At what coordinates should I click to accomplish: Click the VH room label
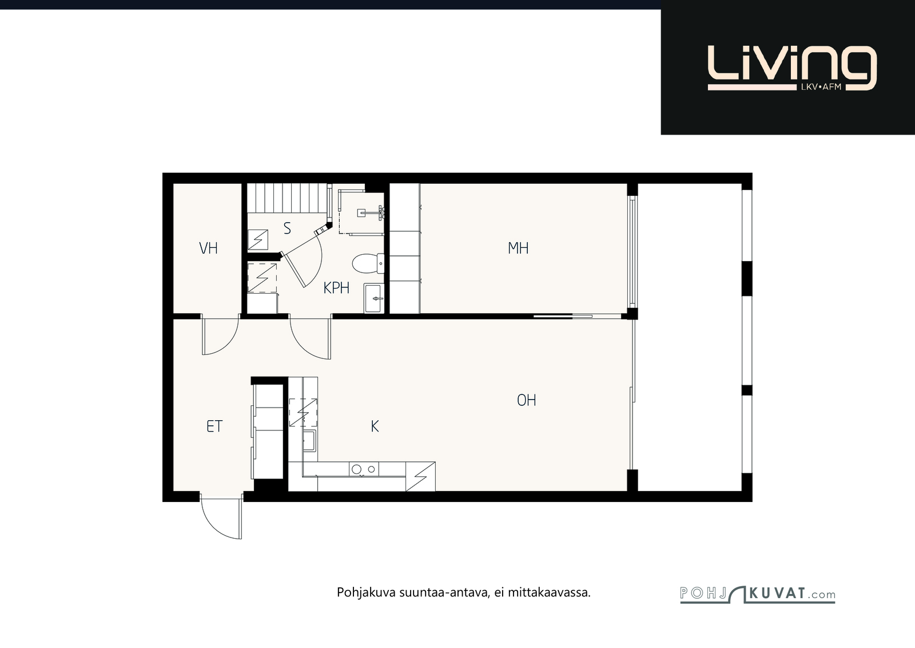coord(208,248)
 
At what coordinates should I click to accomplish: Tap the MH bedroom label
coord(518,248)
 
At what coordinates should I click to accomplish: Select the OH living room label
coord(527,400)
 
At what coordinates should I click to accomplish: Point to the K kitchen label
coord(375,426)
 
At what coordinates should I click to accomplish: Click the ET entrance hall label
coord(214,426)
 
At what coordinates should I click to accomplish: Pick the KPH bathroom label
coord(336,288)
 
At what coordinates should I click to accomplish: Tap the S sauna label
coord(287,228)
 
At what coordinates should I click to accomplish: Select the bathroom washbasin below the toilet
coord(374,299)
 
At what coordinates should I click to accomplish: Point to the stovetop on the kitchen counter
coord(364,469)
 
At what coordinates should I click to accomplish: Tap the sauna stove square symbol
coord(258,240)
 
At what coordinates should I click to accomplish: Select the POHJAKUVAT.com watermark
coord(757,594)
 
